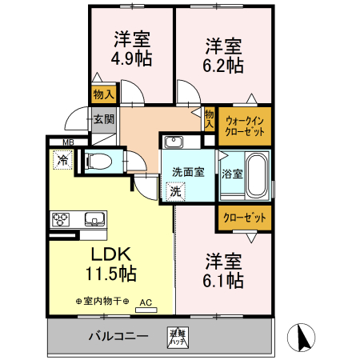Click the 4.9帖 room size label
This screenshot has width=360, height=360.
pos(132,58)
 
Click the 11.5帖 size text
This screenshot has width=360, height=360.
pos(110,274)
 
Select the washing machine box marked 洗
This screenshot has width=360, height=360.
pos(175,191)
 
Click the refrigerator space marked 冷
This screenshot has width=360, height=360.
pos(62,161)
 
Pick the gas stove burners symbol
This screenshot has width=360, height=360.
pos(62,218)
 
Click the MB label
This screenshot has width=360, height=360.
pos(69,143)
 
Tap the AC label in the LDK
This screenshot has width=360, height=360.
pos(146,302)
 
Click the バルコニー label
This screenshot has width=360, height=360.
pos(118,336)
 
